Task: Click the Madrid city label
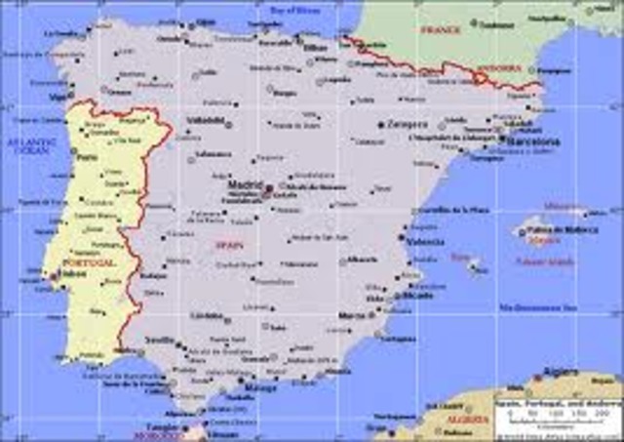click(x=244, y=183)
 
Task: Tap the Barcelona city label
click(x=531, y=141)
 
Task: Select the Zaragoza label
click(x=408, y=125)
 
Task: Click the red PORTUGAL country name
click(x=88, y=263)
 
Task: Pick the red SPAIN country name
click(x=229, y=245)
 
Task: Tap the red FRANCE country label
click(x=439, y=30)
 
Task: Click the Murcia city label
click(x=351, y=316)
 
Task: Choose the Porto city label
click(x=87, y=156)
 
